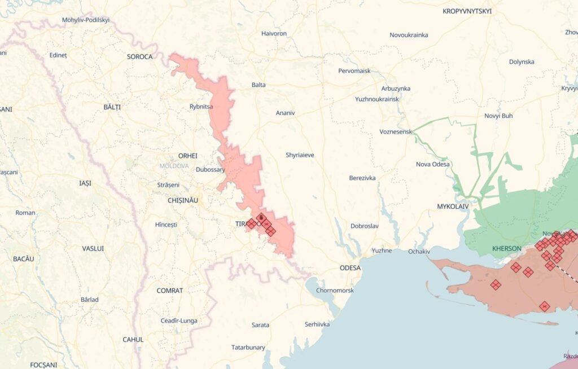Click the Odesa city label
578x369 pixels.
tap(350, 268)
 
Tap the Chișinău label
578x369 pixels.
tap(183, 200)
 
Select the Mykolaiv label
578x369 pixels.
tap(453, 207)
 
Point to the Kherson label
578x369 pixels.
tap(506, 248)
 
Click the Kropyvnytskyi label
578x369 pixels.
tap(467, 11)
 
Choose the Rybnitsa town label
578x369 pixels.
tap(202, 106)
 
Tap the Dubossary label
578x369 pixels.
tap(211, 169)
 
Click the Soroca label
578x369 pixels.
tap(139, 57)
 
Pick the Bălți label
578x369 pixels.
tap(112, 107)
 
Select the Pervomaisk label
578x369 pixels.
tap(354, 71)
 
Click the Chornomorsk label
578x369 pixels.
tap(335, 291)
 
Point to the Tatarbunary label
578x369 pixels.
tap(248, 348)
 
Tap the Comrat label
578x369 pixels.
tap(170, 291)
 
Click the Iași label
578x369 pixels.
tap(85, 183)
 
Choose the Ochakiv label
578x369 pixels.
tap(419, 251)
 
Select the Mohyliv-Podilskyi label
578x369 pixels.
tap(85, 20)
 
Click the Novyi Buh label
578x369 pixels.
tap(498, 116)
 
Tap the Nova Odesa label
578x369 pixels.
tap(432, 164)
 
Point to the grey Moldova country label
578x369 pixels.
tap(174, 166)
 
